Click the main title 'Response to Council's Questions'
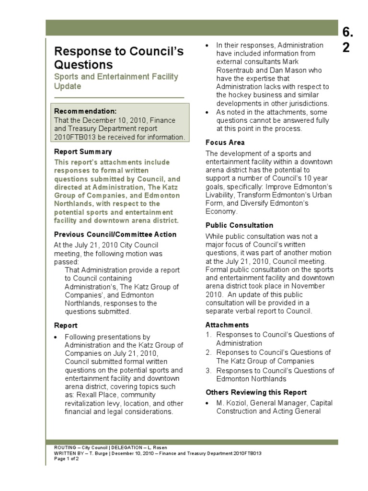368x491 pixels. coord(118,58)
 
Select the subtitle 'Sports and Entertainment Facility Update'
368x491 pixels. coord(115,82)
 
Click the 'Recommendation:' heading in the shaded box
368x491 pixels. coord(85,111)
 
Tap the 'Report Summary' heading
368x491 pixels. coord(82,152)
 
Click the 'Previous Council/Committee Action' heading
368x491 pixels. coord(115,234)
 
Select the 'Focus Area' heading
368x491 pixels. coord(225,142)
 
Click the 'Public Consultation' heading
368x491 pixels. coord(239,225)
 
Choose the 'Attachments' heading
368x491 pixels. coord(227,325)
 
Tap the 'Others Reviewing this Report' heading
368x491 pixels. coord(256,392)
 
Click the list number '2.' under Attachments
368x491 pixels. coord(208,352)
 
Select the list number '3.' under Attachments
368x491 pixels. coord(208,371)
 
